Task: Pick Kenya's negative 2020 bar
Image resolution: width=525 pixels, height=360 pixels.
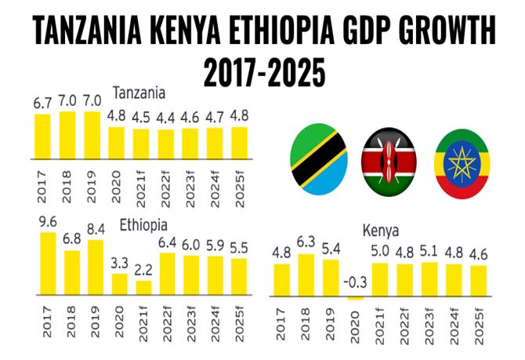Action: coord(356,298)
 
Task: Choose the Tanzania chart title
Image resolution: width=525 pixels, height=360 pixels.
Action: coord(139,93)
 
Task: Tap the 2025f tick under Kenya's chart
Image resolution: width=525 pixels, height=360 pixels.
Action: coord(479,325)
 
